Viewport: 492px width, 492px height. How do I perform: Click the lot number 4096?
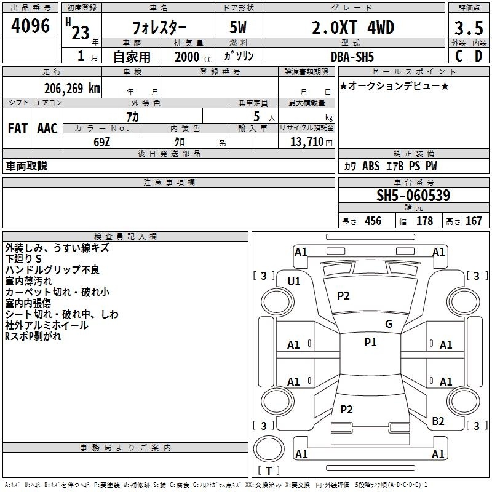coord(30,26)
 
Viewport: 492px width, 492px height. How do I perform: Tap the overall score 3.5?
coord(469,28)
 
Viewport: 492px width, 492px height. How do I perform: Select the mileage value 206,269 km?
coord(72,89)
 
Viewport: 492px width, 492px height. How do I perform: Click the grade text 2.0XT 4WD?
coord(353,28)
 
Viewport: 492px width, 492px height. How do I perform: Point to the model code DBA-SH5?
coord(352,57)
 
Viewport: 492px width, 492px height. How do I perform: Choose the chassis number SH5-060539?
coord(413,196)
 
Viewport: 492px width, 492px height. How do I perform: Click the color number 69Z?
coord(101,142)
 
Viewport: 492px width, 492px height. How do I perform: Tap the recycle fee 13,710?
coord(306,142)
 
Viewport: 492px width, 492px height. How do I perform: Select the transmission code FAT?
coord(18,129)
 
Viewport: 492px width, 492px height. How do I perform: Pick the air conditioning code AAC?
coord(47,129)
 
